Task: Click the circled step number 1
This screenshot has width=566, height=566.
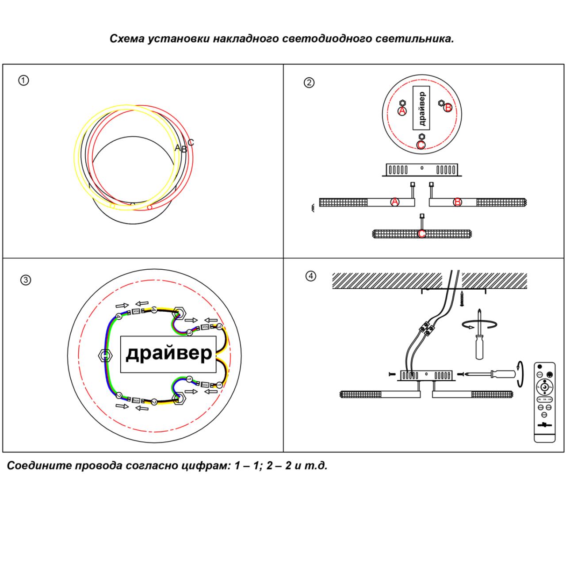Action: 23,80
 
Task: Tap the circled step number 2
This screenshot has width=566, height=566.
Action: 310,83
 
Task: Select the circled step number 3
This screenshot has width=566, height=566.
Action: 26,280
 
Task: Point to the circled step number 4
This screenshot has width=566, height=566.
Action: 311,276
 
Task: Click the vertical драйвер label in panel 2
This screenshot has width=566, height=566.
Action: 422,108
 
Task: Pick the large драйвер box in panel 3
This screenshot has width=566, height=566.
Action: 169,354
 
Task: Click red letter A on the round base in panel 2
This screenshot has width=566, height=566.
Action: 402,111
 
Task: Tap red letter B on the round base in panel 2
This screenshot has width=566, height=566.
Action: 448,107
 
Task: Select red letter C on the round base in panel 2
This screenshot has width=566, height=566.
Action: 421,145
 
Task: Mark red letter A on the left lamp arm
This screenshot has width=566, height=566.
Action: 395,202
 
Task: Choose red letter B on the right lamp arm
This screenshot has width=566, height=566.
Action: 458,202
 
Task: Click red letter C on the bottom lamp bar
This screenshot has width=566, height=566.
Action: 422,233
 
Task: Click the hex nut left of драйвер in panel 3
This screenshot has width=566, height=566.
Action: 104,355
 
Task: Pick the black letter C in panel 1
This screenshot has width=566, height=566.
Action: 191,142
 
